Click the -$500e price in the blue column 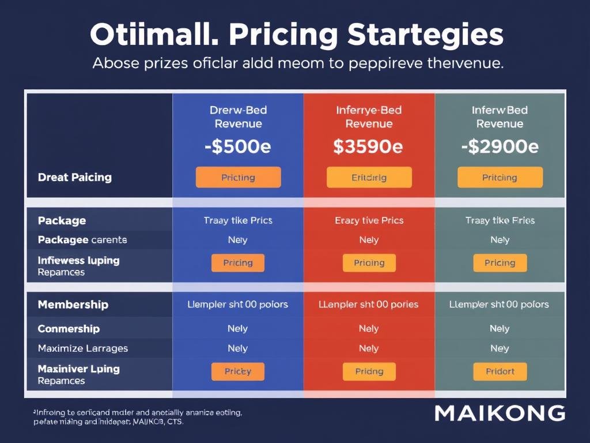point(237,147)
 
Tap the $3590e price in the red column point(368,147)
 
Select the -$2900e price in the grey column point(500,147)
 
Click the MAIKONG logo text point(500,412)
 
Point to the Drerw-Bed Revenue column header point(237,117)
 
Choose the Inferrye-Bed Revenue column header point(368,117)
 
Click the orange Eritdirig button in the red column point(369,178)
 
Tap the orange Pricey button point(237,371)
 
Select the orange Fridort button point(500,371)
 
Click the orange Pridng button point(369,371)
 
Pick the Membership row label point(73,305)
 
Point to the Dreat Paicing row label point(74,177)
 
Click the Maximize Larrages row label point(82,348)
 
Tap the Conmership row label point(69,329)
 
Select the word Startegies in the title point(426,36)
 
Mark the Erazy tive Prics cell point(369,220)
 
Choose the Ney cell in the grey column point(500,348)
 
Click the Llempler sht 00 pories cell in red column point(369,304)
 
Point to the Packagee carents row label point(82,239)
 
